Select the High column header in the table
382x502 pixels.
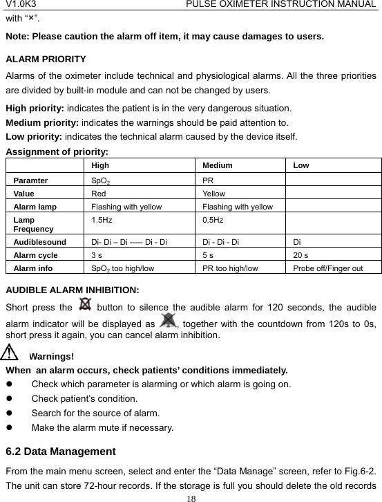[100, 166]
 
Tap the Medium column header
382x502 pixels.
[218, 166]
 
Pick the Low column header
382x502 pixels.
[301, 166]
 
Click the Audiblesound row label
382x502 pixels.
[39, 243]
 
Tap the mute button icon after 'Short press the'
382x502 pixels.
[86, 304]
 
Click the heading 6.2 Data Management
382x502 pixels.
[60, 452]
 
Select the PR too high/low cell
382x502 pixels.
[231, 268]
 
